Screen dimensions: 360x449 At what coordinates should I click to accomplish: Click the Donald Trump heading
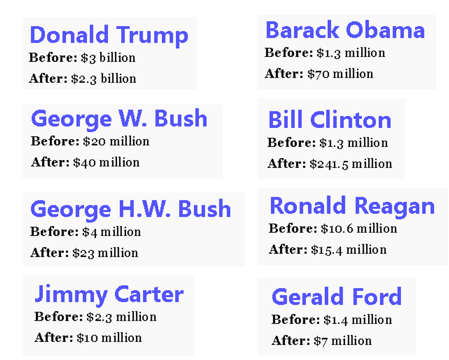point(109,35)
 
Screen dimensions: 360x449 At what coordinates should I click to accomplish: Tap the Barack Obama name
point(345,30)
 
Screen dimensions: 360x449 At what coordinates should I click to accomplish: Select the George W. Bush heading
point(119,119)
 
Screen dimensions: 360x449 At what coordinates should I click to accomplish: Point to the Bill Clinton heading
point(329,120)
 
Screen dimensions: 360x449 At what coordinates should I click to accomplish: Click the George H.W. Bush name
point(131,209)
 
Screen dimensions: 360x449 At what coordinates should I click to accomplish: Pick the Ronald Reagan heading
point(352,206)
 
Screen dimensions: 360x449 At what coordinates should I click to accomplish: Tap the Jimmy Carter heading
point(109,294)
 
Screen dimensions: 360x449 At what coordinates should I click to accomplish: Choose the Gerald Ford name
point(336,297)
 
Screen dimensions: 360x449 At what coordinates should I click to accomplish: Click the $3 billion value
point(108,58)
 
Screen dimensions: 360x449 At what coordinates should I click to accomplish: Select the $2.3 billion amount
point(104,79)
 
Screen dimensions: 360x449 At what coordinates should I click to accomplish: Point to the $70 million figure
point(340,74)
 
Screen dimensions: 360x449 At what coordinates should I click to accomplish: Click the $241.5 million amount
point(351,164)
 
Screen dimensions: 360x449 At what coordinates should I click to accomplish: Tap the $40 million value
point(106,163)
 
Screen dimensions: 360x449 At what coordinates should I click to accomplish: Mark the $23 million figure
point(105,253)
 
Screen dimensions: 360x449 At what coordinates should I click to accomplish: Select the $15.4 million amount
point(349,250)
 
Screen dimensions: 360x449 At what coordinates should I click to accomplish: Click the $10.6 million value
point(359,229)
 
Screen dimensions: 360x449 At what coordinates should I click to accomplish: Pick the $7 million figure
point(343,341)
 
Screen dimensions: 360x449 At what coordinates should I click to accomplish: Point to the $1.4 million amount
point(357,320)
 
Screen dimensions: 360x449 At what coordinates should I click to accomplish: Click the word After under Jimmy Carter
point(53,338)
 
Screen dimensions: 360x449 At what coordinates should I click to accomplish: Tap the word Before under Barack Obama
point(288,53)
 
